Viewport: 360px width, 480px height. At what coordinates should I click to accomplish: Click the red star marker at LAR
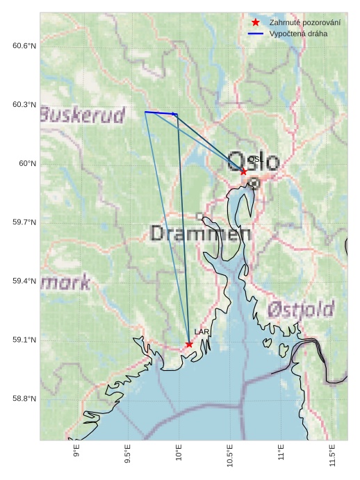(189, 344)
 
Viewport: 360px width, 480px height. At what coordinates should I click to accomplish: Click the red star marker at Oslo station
(243, 171)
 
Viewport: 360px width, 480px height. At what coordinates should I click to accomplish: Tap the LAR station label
(202, 333)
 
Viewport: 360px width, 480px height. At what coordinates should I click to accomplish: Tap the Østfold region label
(301, 309)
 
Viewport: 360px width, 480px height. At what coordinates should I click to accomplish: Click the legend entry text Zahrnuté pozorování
(304, 23)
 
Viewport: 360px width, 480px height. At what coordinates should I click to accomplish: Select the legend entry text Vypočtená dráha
(298, 33)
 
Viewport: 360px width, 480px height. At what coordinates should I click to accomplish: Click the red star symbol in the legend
(255, 23)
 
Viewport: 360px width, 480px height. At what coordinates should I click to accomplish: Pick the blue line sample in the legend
(255, 33)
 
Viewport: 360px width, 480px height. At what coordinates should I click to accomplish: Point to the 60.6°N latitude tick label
(24, 46)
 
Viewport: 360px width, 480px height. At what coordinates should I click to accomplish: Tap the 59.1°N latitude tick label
(24, 340)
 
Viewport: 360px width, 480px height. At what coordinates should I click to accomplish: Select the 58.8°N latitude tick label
(24, 399)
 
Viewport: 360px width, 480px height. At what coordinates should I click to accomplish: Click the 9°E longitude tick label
(76, 455)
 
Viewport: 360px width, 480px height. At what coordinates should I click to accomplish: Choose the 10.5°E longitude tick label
(230, 458)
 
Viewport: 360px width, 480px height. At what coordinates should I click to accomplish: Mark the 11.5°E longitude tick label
(333, 458)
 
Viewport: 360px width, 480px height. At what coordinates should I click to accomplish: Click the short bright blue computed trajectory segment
(161, 113)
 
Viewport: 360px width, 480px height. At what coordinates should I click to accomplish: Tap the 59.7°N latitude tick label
(24, 222)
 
